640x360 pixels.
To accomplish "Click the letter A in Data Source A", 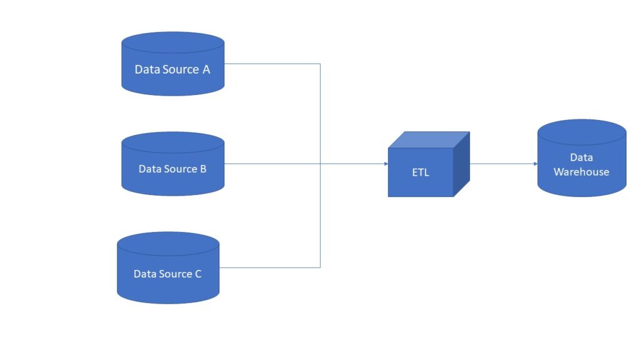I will point(206,69).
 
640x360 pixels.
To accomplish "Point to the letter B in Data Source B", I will point(202,169).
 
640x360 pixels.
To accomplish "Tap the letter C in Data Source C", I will point(197,274).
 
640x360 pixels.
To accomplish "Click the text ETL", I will point(421,172).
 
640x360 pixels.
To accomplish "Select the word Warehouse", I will point(581,172).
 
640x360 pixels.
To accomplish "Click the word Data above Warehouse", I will point(581,157).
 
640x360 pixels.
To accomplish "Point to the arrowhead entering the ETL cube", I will point(385,164).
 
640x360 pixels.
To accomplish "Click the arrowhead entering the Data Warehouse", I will point(535,164).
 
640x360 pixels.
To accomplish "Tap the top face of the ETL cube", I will point(429,139).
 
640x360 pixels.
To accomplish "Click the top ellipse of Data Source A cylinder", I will point(172,43).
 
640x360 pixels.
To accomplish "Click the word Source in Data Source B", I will point(181,169).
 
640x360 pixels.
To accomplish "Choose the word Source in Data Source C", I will point(176,274).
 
